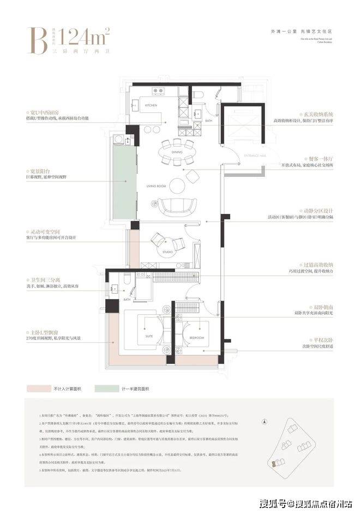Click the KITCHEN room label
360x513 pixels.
coord(151,105)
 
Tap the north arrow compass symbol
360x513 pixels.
coord(264,422)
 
